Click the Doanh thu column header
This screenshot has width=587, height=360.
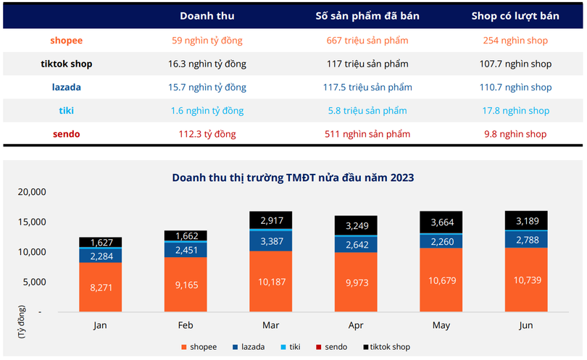(207, 16)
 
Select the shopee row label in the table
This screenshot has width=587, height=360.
(66, 41)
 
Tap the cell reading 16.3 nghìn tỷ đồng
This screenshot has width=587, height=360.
(207, 64)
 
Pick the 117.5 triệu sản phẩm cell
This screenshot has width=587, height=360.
(367, 87)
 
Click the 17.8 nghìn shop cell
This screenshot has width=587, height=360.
(515, 111)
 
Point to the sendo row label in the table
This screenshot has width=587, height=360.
(66, 134)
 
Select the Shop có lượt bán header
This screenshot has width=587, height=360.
(515, 16)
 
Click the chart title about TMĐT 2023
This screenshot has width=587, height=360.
(293, 177)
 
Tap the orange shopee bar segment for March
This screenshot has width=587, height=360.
(270, 281)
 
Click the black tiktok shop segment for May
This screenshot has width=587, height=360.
(441, 222)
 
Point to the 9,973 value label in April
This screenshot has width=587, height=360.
(355, 281)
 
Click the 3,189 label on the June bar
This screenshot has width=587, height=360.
(526, 220)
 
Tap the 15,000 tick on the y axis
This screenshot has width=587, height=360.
(31, 222)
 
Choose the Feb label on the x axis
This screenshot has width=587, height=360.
(185, 325)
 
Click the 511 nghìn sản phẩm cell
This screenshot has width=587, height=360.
(367, 134)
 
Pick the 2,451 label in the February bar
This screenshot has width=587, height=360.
(186, 249)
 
